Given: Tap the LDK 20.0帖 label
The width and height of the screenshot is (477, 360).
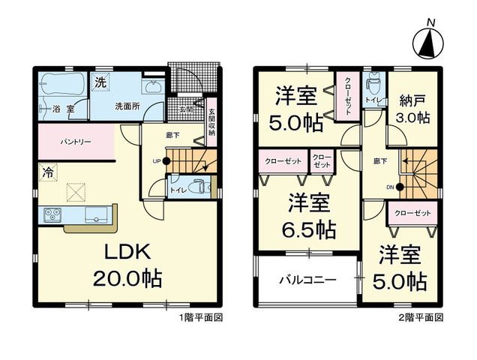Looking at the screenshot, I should point(128,265).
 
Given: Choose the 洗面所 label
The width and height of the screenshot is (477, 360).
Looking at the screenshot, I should point(127,106).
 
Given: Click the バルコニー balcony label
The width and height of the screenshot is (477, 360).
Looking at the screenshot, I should point(307,279).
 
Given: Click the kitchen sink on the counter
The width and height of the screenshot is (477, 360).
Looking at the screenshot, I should point(97,217).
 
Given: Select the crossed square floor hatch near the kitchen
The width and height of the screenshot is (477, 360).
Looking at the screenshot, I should point(76,193).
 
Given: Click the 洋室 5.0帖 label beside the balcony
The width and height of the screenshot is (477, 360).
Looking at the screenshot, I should point(402,268).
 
